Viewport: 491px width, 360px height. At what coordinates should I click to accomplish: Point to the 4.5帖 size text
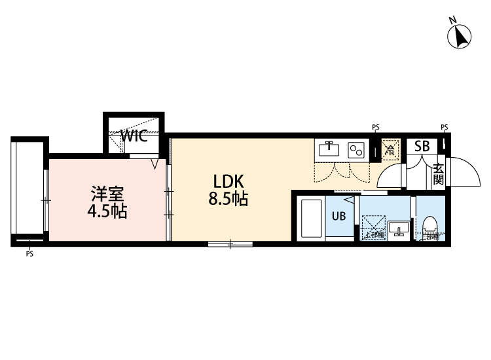point(107,211)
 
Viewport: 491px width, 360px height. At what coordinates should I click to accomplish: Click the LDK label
point(227,181)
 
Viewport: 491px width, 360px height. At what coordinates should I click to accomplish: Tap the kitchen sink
point(329,150)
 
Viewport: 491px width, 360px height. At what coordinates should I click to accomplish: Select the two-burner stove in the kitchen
point(357,150)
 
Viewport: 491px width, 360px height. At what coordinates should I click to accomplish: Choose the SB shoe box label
point(422,147)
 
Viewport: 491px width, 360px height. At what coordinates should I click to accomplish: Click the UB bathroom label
point(339,216)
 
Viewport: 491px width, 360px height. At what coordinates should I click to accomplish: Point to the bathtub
point(311,219)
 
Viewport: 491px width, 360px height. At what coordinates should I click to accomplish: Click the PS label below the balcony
point(29,255)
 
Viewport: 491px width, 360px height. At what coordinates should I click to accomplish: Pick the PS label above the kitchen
point(375,127)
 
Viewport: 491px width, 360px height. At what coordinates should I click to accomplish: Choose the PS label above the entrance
point(445,127)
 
